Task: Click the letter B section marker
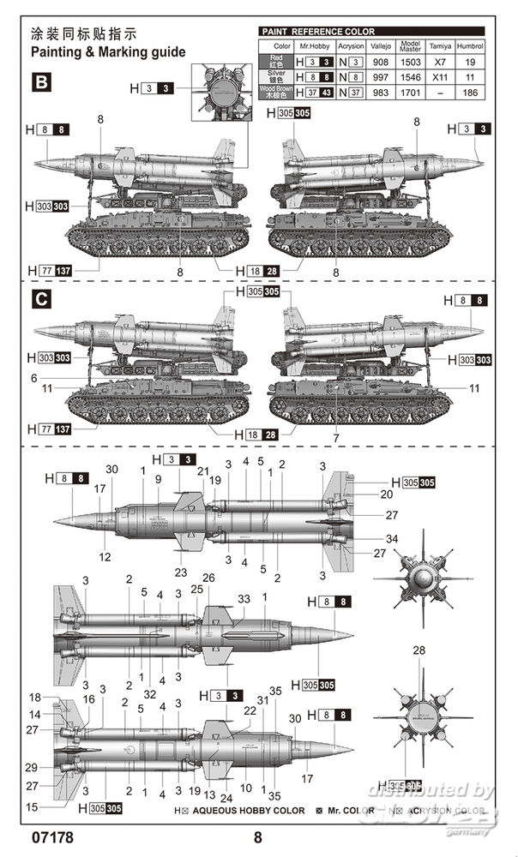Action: (x=40, y=82)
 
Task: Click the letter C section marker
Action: (x=40, y=301)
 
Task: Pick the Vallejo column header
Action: (x=380, y=45)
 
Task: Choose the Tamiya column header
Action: (x=440, y=45)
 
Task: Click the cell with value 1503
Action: (x=410, y=62)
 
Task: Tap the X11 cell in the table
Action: (x=440, y=77)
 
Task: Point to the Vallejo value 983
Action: (x=380, y=92)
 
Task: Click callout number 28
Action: (x=419, y=650)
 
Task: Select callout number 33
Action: (x=244, y=598)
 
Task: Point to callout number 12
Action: (x=104, y=557)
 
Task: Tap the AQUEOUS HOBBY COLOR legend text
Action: (x=249, y=810)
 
